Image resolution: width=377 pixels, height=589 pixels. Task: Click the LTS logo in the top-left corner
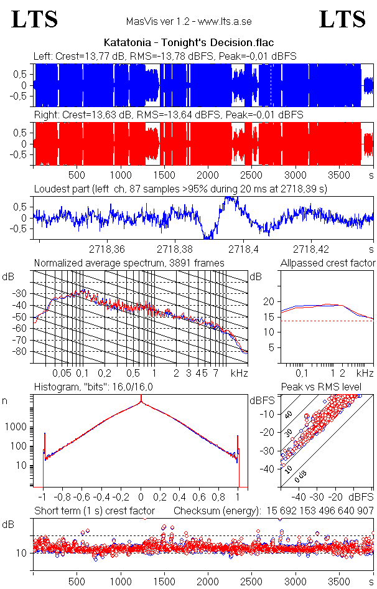35,20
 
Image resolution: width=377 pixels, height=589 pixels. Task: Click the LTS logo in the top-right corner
342,20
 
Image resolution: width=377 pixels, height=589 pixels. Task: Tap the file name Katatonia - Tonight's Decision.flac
188,42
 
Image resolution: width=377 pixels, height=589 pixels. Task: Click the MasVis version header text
188,22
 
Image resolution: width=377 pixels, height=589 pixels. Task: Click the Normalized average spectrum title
129,263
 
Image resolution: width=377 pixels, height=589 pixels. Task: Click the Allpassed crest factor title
328,263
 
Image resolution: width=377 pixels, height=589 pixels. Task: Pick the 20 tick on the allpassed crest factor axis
268,302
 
